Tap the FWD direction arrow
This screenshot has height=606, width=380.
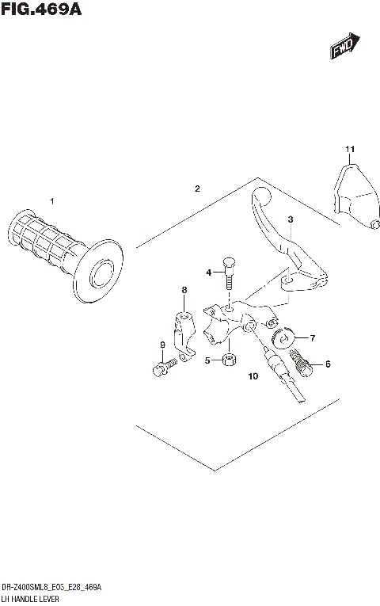click(345, 46)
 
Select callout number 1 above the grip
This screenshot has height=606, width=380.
click(52, 201)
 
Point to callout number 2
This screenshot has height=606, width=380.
click(197, 189)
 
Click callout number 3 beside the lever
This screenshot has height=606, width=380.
click(291, 219)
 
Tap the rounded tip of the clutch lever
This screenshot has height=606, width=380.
click(259, 195)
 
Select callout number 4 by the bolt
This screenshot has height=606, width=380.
click(209, 273)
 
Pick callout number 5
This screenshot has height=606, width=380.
click(208, 360)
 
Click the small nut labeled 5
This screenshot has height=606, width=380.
click(228, 360)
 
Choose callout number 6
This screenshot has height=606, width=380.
click(328, 364)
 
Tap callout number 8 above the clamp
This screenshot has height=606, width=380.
click(184, 291)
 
